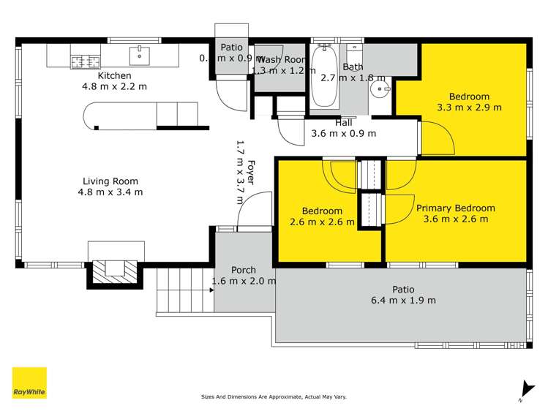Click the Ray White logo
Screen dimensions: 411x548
coord(29,382)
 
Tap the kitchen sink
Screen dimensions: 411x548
coord(139,55)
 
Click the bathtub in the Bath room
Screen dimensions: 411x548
coord(323,78)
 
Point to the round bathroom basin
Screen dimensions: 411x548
coord(380,89)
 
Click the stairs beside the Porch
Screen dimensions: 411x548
coord(184,290)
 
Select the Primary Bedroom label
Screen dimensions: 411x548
coord(455,208)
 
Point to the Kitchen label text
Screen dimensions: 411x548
coord(115,75)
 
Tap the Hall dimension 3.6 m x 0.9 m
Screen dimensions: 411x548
coord(344,134)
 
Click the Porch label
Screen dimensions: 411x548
coord(243,270)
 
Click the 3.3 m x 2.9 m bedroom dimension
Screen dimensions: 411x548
coord(469,108)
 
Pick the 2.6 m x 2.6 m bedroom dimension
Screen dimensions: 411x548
coord(322,222)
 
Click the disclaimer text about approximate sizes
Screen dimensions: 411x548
coord(274,397)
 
